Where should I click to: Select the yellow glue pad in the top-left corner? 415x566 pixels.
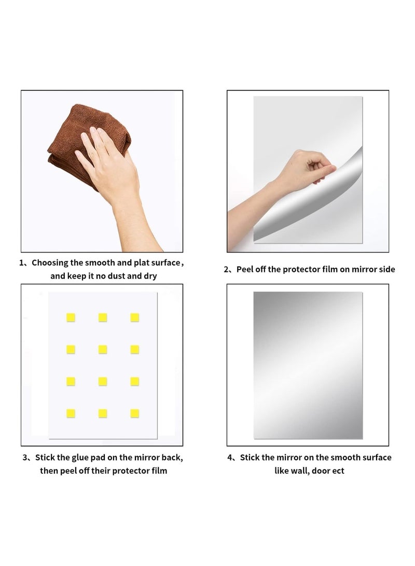(x=71, y=317)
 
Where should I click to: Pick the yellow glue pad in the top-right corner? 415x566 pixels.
(x=134, y=317)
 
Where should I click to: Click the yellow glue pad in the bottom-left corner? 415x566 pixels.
(x=71, y=413)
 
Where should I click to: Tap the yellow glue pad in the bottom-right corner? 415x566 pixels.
(x=134, y=413)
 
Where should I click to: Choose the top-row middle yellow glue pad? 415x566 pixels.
(x=103, y=317)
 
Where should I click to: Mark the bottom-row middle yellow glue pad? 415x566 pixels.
(x=103, y=413)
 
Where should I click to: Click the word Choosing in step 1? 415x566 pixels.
(x=50, y=263)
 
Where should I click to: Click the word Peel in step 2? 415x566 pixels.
(x=245, y=269)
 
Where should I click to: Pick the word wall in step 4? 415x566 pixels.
(x=299, y=471)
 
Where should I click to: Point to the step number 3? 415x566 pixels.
(x=24, y=458)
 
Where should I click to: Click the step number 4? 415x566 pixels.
(x=230, y=458)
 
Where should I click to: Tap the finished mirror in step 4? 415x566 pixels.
(x=308, y=365)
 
